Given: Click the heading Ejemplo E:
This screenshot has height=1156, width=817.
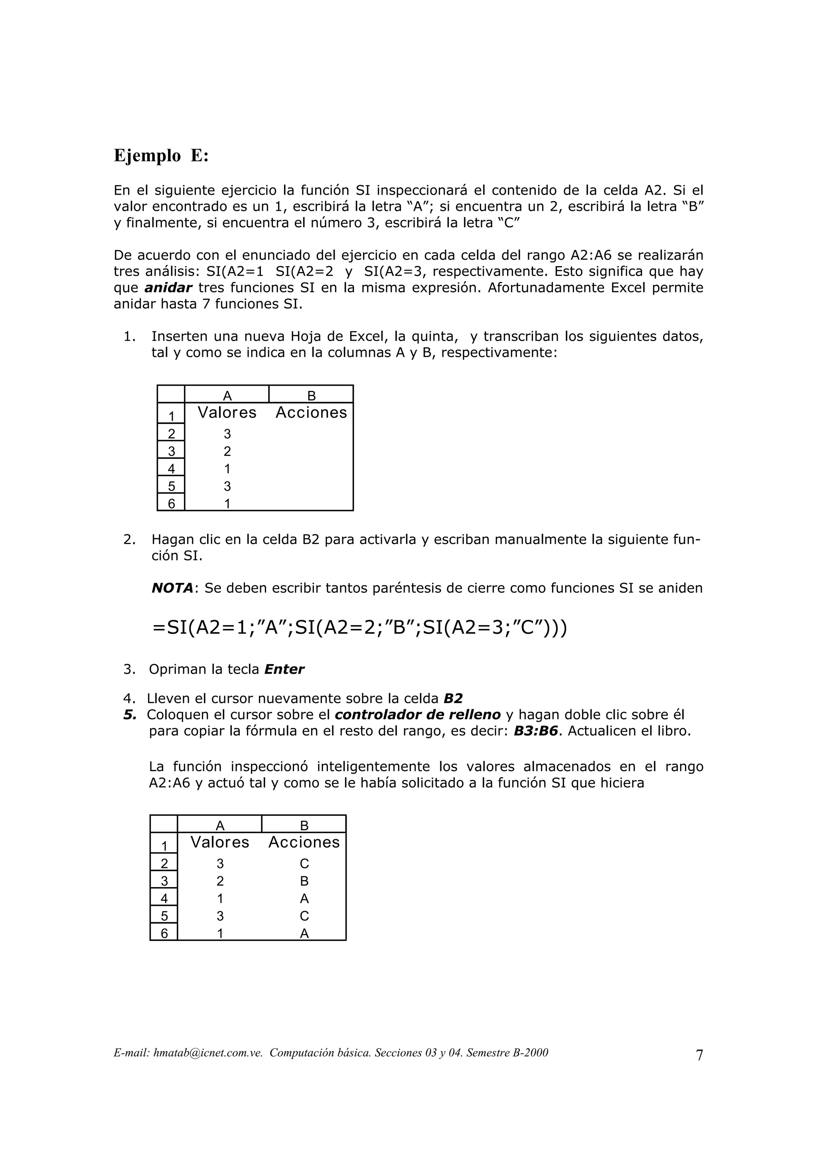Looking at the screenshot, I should coord(161,156).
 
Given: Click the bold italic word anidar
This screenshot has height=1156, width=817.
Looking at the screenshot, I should coord(168,288).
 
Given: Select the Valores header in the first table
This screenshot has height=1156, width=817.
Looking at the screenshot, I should coord(227,412).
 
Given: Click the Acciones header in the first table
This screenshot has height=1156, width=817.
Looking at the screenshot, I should coord(311,412).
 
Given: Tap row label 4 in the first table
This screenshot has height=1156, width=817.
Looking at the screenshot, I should coord(171,469).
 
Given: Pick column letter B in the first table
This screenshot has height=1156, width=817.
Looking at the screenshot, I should coord(311,396).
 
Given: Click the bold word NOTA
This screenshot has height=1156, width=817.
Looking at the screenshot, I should coord(172,588).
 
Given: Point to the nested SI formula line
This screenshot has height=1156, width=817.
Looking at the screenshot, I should coord(359,628).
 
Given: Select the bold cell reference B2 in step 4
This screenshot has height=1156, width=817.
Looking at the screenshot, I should coord(453,698).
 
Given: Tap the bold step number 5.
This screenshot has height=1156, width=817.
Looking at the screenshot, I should coord(130,714).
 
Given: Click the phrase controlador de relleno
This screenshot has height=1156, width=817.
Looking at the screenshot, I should coord(417,714).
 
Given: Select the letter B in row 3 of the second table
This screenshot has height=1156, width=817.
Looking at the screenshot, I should coord(304,881).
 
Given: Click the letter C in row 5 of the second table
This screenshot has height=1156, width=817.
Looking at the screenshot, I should coord(304,916).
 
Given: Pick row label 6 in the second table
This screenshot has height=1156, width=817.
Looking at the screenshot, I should coord(164,933).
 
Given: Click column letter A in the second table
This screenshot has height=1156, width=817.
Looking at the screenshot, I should coord(220,826).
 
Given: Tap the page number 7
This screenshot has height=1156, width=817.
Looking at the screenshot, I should coord(699,1055).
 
